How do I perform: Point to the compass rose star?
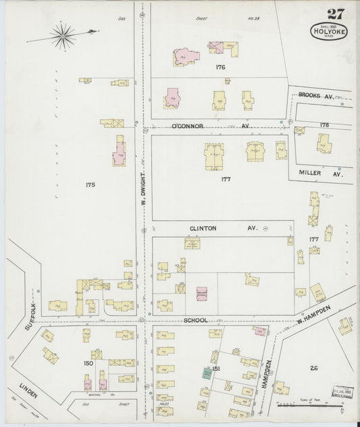(x=63, y=35)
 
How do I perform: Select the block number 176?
(x=220, y=68)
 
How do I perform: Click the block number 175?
(x=91, y=184)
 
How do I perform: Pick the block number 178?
(x=324, y=125)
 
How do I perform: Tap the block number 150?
(x=88, y=363)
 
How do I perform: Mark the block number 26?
(x=313, y=368)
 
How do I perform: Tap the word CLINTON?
(x=203, y=228)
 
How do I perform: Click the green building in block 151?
(x=205, y=372)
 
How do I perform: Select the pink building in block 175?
(x=120, y=150)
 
